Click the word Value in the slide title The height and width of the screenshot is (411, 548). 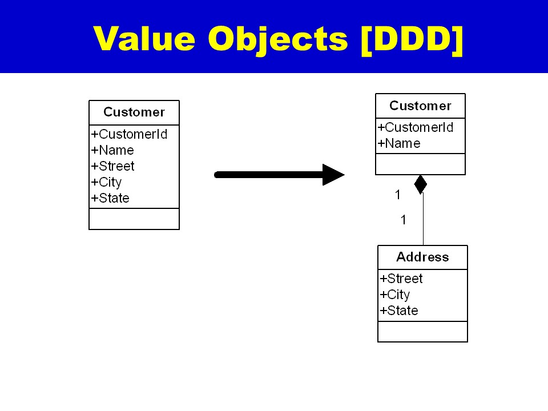coord(144,39)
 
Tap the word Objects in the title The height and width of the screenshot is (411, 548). coord(277,39)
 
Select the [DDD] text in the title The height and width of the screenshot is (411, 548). coord(411,39)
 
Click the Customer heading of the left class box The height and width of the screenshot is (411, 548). coord(134,112)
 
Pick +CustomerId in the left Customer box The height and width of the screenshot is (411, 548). coord(129,135)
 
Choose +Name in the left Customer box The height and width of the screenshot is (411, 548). coord(112,151)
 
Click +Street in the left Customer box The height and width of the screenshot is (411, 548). coord(113,167)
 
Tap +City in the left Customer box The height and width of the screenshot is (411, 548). coord(106,183)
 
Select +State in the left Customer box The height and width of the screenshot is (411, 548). coord(110,199)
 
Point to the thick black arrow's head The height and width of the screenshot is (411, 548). coord(333,175)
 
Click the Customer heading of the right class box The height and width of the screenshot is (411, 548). coord(420,106)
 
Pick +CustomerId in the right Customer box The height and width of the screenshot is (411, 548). coord(416,128)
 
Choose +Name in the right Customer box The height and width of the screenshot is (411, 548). coord(399,144)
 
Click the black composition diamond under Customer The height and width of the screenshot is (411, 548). coord(421,184)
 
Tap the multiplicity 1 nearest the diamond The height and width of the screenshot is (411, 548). coord(398,195)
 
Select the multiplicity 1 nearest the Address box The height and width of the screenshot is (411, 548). coord(404,220)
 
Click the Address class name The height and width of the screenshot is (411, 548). coord(422,257)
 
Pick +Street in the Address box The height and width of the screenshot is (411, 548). coord(401,279)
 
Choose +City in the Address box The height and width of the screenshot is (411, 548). coord(395,295)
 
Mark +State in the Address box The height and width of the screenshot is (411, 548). coord(399,311)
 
